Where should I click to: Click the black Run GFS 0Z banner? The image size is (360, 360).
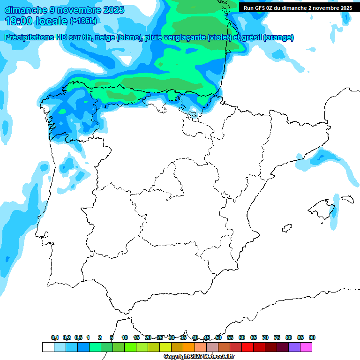[x=298, y=8]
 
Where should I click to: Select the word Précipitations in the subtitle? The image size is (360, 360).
[x=29, y=37]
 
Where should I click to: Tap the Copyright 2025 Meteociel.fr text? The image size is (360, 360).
[x=200, y=357]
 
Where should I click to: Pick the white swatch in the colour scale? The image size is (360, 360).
[x=48, y=347]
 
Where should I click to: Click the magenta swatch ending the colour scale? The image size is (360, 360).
[x=306, y=347]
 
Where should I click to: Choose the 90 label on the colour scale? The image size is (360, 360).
[x=312, y=337]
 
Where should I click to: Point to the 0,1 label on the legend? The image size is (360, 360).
[x=55, y=337]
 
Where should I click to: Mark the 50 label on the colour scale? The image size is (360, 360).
[x=218, y=337]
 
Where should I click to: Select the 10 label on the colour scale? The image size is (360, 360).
[x=125, y=337]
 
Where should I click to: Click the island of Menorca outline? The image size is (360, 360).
[x=347, y=199]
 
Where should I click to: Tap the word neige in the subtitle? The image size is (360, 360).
[x=105, y=37]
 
